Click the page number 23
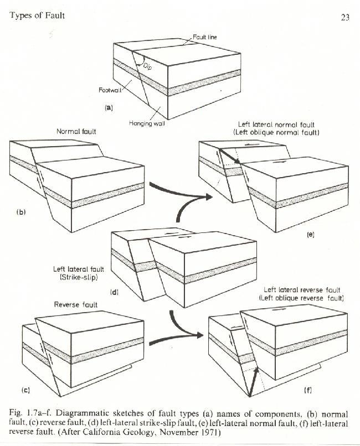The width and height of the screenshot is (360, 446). pyautogui.click(x=344, y=17)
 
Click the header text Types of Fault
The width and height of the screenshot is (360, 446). pyautogui.click(x=37, y=15)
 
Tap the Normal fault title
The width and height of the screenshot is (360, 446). pyautogui.click(x=77, y=132)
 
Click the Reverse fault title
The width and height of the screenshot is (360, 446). pyautogui.click(x=76, y=304)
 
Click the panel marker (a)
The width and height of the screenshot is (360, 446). pyautogui.click(x=109, y=108)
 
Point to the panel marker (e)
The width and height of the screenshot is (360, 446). pyautogui.click(x=310, y=235)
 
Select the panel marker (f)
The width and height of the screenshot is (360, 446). pyautogui.click(x=308, y=390)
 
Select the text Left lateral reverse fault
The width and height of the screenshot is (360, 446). pyautogui.click(x=301, y=289)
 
